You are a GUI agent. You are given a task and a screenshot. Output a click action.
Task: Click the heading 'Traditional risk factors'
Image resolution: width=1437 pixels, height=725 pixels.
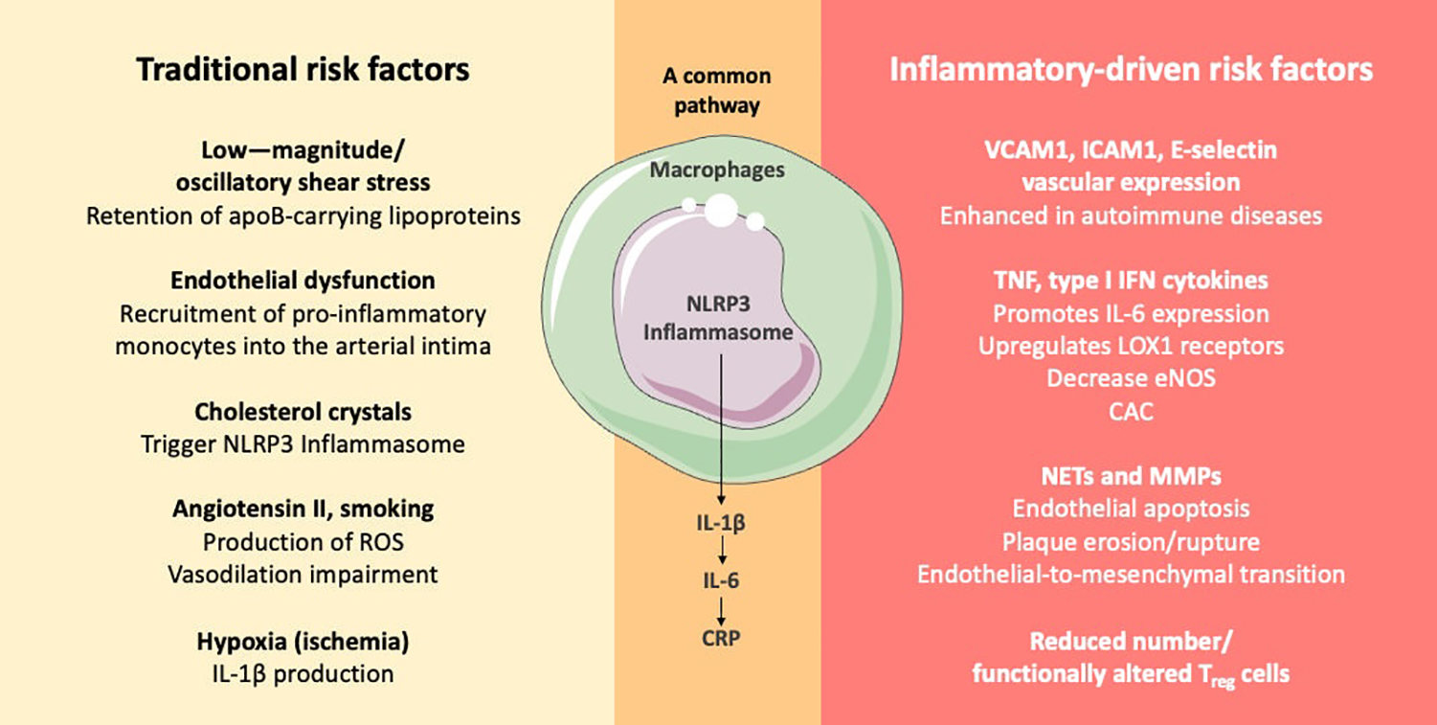(x=303, y=70)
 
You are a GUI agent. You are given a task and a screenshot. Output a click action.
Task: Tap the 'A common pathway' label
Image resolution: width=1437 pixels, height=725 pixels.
(x=717, y=90)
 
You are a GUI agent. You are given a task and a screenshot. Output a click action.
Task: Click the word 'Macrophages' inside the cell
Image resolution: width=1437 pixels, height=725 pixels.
(x=717, y=170)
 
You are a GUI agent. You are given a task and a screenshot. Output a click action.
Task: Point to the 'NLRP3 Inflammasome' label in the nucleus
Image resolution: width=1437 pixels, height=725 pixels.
(x=717, y=320)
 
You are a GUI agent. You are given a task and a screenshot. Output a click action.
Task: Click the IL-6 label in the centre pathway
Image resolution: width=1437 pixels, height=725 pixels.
(x=718, y=580)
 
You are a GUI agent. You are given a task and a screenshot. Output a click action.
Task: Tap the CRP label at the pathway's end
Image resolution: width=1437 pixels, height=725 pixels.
(x=718, y=636)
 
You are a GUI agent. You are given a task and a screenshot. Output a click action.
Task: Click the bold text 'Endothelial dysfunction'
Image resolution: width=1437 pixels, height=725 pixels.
(x=303, y=281)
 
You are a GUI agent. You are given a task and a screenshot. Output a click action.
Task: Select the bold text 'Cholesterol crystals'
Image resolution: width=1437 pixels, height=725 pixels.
(x=303, y=412)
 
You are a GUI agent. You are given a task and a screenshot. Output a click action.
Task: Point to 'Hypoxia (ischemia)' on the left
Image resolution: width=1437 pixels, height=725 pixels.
(x=303, y=640)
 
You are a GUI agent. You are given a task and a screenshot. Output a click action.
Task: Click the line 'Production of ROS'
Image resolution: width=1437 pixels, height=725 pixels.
(x=303, y=541)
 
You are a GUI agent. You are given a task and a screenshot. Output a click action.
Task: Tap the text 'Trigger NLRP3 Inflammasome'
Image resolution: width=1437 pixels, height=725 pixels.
(x=303, y=444)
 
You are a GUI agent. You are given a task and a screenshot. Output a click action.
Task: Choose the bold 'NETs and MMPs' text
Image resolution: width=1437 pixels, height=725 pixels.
(x=1131, y=476)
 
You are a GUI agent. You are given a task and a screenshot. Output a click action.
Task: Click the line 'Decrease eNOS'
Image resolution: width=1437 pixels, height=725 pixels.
(x=1131, y=377)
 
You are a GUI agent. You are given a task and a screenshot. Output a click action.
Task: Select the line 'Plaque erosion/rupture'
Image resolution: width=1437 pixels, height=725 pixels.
(x=1131, y=541)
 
